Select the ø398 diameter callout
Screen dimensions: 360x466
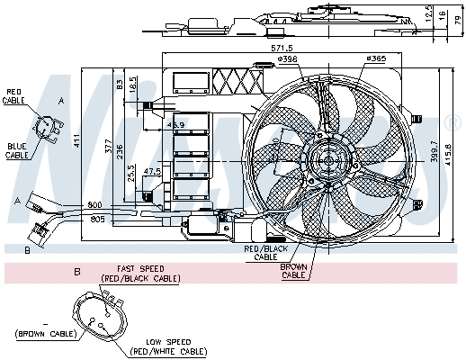(288, 59)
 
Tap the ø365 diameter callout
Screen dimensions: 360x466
(375, 59)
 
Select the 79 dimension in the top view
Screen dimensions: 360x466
(457, 19)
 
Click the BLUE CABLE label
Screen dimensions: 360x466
(16, 150)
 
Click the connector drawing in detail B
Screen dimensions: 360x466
(102, 319)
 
